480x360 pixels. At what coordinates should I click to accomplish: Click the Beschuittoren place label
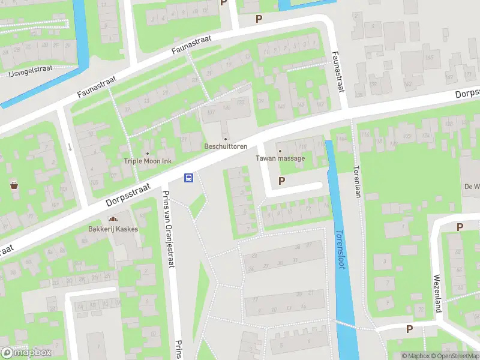226,146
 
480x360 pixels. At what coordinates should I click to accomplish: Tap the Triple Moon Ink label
147,161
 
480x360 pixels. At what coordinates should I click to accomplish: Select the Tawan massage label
280,158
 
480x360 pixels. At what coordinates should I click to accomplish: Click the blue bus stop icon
188,177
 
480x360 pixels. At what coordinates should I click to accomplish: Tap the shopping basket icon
14,185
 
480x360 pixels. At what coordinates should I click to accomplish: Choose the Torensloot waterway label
341,249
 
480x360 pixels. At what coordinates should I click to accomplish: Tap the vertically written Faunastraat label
338,71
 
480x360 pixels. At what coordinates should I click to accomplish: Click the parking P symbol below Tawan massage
281,181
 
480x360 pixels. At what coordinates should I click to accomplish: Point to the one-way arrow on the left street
70,147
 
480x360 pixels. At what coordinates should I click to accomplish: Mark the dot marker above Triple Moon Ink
147,152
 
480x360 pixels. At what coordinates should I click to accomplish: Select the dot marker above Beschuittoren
226,138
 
